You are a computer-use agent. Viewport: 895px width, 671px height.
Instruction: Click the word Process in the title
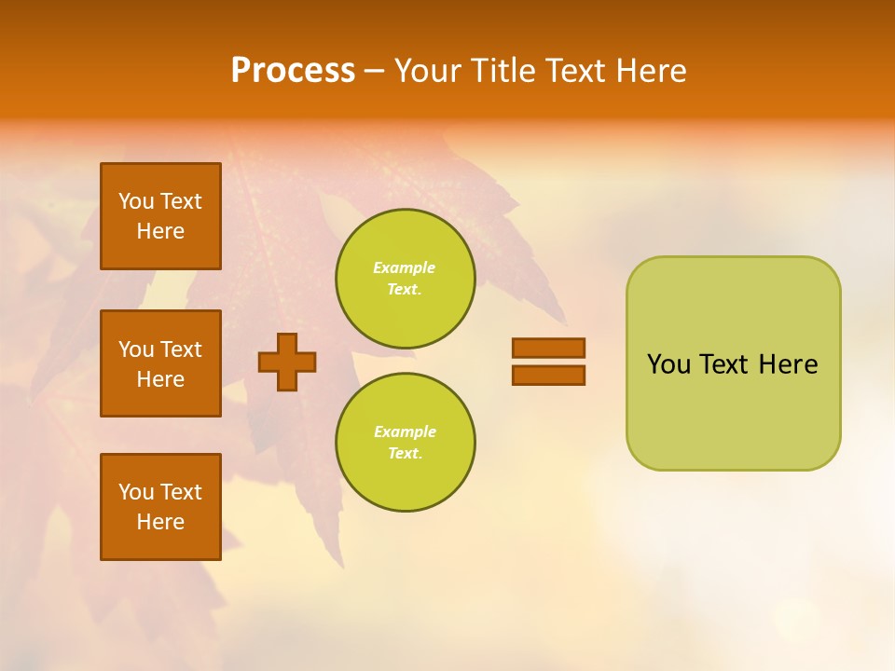[x=293, y=71]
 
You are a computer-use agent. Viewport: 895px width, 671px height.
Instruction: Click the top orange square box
[x=160, y=216]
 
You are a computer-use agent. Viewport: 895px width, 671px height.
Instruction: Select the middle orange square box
[x=160, y=363]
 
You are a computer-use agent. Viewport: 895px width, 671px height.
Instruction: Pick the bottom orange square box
[x=160, y=507]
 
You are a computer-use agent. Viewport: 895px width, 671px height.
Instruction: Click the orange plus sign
[x=287, y=362]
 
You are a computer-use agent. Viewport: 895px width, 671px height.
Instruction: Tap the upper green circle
[x=406, y=278]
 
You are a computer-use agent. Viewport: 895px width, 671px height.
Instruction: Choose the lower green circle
[x=406, y=442]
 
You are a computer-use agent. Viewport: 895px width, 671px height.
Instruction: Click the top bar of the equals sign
[x=548, y=348]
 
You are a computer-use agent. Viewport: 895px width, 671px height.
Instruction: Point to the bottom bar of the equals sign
[x=548, y=375]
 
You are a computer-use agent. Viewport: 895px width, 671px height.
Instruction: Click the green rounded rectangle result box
[x=733, y=363]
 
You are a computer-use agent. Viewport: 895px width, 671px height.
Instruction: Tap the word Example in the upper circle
[x=405, y=267]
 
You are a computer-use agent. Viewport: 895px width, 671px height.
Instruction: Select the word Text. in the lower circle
[x=405, y=454]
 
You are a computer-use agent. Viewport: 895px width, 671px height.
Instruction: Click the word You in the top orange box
[x=136, y=201]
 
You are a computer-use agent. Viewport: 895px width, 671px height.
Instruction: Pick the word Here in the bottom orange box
[x=160, y=522]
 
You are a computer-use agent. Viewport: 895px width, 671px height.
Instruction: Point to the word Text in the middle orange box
[x=181, y=349]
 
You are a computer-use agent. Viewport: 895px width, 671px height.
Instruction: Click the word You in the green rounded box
[x=668, y=364]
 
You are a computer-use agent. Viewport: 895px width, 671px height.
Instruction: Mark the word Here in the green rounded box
[x=788, y=364]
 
